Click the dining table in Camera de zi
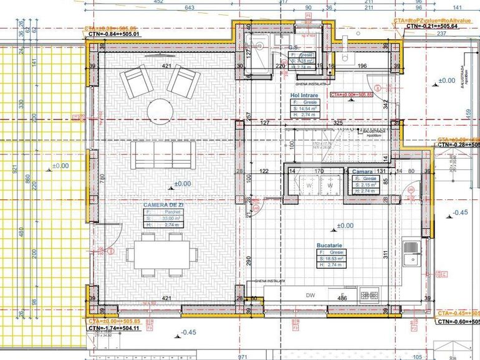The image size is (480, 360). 160,254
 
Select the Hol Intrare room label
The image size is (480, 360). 304,95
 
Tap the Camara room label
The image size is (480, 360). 362,171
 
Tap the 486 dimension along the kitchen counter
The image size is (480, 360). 342,299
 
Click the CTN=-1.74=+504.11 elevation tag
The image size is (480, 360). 113,328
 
